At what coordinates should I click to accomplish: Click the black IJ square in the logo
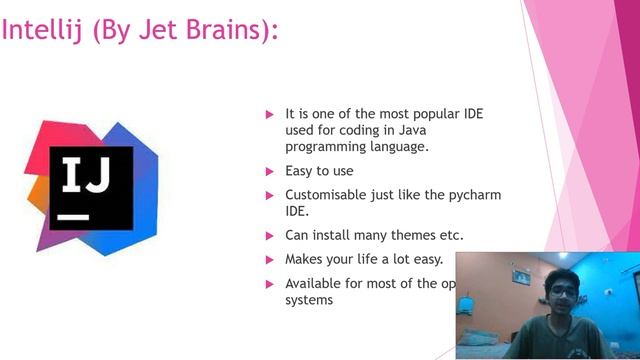tap(92, 187)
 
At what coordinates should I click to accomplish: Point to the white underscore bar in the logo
tap(73, 215)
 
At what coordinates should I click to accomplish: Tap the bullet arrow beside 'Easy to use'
tap(269, 171)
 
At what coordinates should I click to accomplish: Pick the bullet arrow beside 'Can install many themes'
tap(269, 236)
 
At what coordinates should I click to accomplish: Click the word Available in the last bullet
tap(315, 283)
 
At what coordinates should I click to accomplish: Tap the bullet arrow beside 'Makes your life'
tap(269, 259)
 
